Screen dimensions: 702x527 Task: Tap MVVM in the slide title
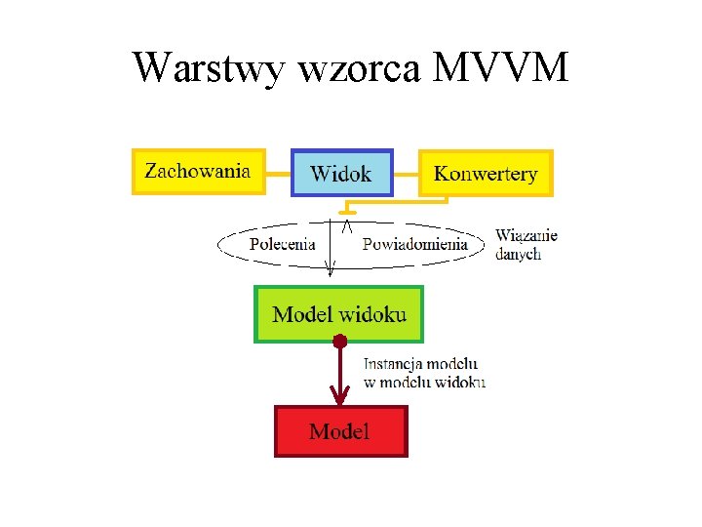point(500,68)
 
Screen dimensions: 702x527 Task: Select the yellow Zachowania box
point(198,172)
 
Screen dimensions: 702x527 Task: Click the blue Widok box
point(341,174)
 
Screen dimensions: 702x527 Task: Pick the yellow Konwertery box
point(486,174)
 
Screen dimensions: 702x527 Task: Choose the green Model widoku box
point(339,313)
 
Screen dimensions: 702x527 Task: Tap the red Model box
point(339,431)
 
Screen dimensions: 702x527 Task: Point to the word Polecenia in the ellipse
point(282,244)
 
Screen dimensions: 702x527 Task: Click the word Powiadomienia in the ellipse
point(414,244)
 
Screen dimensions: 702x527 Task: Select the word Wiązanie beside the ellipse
point(526,235)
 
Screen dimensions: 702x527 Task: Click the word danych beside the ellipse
point(518,254)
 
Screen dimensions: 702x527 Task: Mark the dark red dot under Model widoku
point(339,342)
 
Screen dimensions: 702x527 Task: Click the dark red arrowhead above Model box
point(339,395)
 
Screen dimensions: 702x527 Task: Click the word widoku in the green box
point(375,314)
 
